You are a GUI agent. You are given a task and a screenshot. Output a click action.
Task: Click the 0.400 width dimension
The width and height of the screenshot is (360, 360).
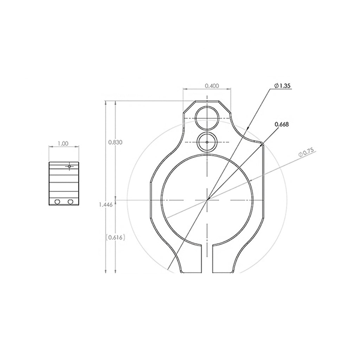tap(212, 86)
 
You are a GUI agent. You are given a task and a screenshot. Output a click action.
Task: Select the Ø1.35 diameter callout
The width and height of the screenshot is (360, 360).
tap(282, 86)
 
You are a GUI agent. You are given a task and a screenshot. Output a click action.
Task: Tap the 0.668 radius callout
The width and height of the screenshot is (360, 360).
tap(282, 124)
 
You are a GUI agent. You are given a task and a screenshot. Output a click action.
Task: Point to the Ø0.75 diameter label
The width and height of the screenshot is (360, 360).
tap(307, 153)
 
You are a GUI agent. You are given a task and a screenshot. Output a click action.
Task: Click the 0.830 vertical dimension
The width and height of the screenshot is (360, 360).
tap(115, 142)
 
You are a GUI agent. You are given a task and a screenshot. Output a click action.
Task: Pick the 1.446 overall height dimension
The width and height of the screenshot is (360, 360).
tap(106, 205)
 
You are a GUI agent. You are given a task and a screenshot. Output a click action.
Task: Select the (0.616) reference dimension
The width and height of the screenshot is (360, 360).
tap(115, 237)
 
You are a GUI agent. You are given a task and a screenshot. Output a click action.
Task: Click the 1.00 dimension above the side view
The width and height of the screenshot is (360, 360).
tap(63, 144)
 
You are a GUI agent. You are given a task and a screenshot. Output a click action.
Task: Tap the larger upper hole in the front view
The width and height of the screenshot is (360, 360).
tap(207, 118)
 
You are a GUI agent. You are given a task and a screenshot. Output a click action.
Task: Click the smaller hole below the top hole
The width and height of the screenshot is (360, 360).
tap(207, 142)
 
